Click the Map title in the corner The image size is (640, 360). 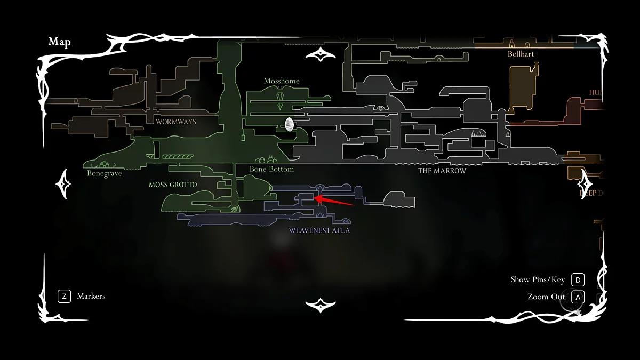coord(59,42)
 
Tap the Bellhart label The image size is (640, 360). coord(521,54)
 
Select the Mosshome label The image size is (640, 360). coord(282,81)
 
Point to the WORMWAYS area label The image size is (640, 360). coord(176,122)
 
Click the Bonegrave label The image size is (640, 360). coord(105,174)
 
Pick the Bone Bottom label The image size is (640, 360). coord(271,169)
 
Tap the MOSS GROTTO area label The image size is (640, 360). coord(173,185)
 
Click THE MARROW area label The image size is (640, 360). coord(442,171)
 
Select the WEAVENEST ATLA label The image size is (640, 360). coord(319,230)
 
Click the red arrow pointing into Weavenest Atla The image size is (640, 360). coord(335,201)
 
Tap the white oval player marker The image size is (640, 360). coord(290,125)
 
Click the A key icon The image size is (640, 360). coord(578,297)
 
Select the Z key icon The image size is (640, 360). coord(64,296)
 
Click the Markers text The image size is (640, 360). coord(91,296)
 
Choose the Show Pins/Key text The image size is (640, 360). coord(538,279)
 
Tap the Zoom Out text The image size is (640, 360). coord(546,297)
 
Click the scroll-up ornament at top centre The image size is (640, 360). coord(320,54)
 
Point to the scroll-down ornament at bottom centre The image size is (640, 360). coord(320,305)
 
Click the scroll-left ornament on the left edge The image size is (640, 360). coord(64,183)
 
